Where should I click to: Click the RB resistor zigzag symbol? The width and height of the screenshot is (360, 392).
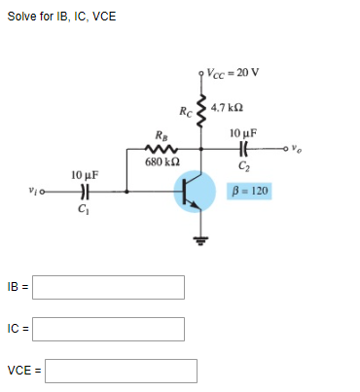pyautogui.click(x=159, y=149)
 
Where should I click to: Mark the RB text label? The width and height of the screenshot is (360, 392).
pyautogui.click(x=160, y=135)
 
